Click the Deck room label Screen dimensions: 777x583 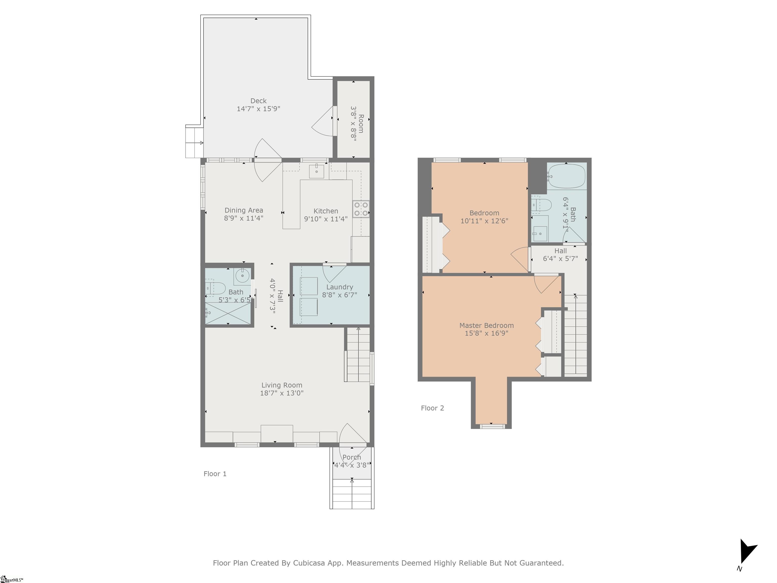pos(258,101)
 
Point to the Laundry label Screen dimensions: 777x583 pos(339,287)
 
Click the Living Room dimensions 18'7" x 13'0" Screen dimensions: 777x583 pos(282,393)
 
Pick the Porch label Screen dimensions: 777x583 pos(352,457)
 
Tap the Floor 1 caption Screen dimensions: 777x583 pos(215,474)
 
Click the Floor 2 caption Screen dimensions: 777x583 pos(433,408)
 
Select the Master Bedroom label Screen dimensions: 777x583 pos(486,325)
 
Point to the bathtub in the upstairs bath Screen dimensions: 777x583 pos(567,176)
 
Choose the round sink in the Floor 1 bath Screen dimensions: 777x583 pos(242,276)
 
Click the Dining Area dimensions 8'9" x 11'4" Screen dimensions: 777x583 pos(244,218)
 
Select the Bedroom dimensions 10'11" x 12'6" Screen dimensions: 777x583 pos(484,221)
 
